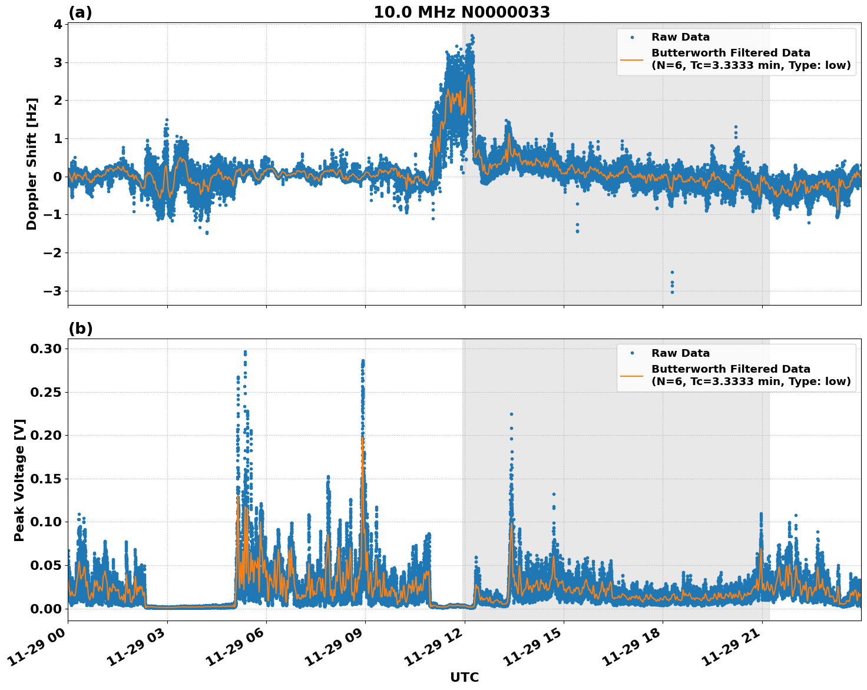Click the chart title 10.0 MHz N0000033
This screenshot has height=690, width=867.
462,12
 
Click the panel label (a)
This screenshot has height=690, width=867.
80,12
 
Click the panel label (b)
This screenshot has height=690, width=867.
80,329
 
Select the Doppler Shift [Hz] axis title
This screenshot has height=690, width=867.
32,164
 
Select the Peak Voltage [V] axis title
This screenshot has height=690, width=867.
19,480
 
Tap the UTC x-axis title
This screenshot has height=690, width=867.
464,677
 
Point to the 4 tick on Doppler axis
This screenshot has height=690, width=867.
57,24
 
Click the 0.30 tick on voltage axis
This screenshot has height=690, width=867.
45,349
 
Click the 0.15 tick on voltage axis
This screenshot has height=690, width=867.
45,479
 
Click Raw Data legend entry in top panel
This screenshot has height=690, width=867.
680,37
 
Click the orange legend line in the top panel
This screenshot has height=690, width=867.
632,59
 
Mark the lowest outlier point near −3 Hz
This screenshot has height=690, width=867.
672,292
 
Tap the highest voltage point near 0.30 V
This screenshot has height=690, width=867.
245,351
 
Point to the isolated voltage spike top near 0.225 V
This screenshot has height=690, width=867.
511,414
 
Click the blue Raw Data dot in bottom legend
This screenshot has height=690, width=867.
632,353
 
